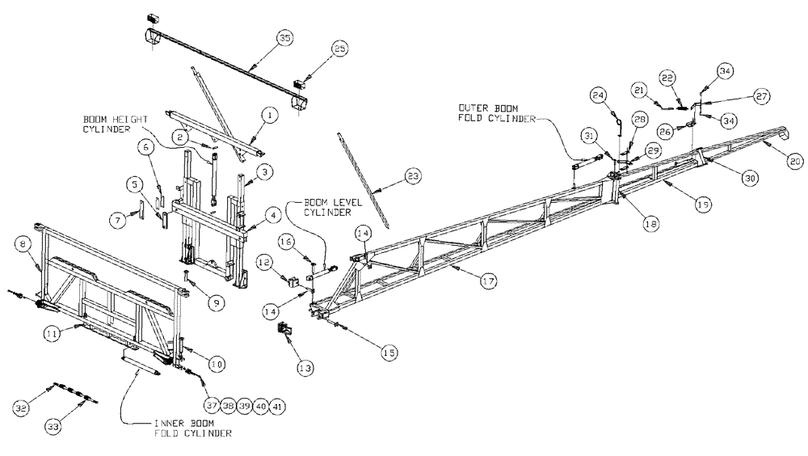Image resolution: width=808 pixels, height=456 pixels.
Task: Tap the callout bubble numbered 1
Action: tap(271, 116)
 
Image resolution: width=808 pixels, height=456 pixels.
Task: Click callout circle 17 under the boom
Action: tap(487, 281)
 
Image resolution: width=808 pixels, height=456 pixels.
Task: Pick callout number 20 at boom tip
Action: tap(794, 163)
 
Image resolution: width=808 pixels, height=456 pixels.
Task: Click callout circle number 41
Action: tap(276, 404)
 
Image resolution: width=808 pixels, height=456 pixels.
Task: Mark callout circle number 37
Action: tap(211, 404)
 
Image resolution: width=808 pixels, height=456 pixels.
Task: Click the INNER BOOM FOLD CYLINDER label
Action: tap(195, 429)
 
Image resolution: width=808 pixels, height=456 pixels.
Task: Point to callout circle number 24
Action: tap(598, 95)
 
